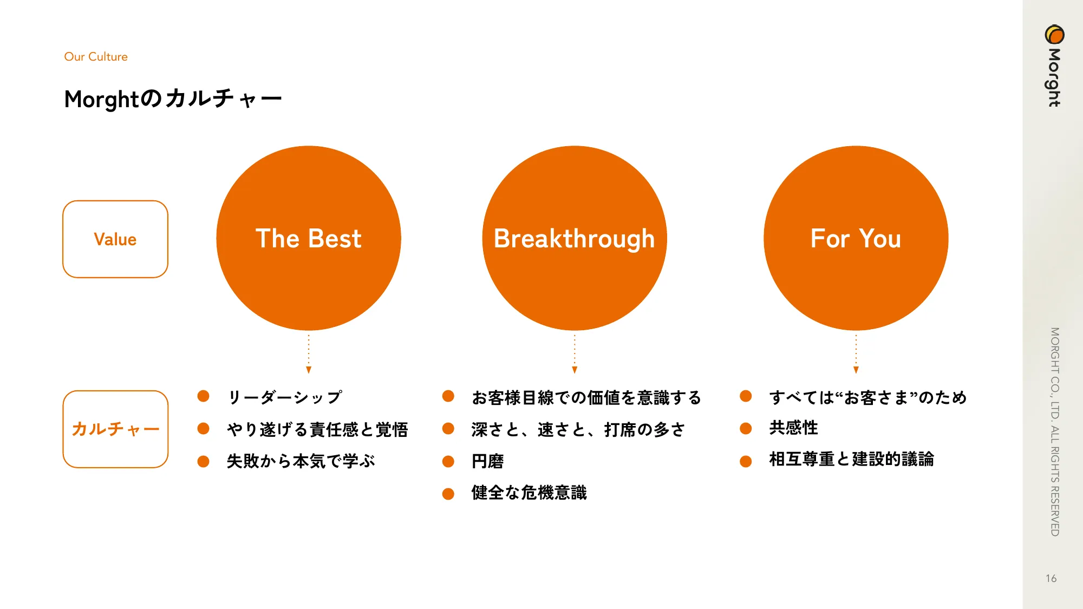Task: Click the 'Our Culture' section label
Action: pyautogui.click(x=96, y=57)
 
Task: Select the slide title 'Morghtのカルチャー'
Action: pyautogui.click(x=173, y=99)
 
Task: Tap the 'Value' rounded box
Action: pyautogui.click(x=115, y=239)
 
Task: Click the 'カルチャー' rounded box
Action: pyautogui.click(x=115, y=429)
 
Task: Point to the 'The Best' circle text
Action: pyautogui.click(x=309, y=239)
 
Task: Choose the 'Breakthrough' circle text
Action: pyautogui.click(x=575, y=239)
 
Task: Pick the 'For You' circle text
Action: pyautogui.click(x=856, y=239)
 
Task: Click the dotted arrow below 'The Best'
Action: pyautogui.click(x=309, y=353)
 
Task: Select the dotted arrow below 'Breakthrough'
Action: pyautogui.click(x=575, y=353)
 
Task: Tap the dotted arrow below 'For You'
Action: pyautogui.click(x=856, y=353)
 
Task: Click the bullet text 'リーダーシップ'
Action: pyautogui.click(x=285, y=397)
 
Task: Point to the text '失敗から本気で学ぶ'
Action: pyautogui.click(x=301, y=461)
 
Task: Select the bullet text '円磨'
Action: pyautogui.click(x=488, y=461)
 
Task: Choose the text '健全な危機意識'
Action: pyautogui.click(x=529, y=493)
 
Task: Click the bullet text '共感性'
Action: pyautogui.click(x=794, y=428)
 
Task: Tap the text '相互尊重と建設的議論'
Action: pyautogui.click(x=852, y=459)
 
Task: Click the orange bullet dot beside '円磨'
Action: pyautogui.click(x=448, y=462)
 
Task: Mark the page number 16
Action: pyautogui.click(x=1052, y=579)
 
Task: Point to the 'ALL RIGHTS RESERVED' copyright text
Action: pyautogui.click(x=1055, y=481)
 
